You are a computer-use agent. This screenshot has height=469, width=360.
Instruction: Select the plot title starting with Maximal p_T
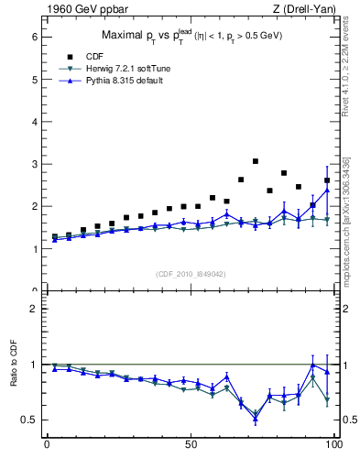[190, 35]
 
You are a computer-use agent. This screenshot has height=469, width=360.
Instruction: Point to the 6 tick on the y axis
[34, 37]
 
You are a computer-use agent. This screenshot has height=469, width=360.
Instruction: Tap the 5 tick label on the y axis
[34, 80]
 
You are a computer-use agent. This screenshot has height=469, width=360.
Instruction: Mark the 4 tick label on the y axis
[34, 122]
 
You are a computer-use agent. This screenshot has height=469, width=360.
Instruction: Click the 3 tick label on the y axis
[34, 164]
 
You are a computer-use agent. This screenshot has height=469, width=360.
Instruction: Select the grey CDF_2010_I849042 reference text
[191, 273]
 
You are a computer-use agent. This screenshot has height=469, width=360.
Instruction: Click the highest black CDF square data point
[256, 161]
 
